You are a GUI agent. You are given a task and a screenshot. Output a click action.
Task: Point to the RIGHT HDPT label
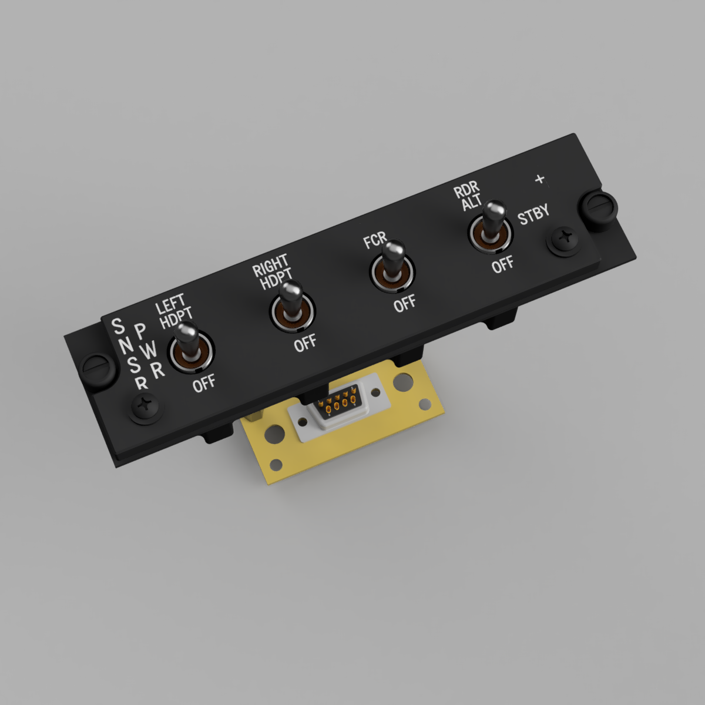point(272,271)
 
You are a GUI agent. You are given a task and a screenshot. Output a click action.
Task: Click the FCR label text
point(375,240)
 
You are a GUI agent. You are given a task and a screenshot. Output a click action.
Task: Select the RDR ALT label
point(469,196)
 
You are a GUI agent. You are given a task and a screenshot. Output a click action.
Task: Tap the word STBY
point(533,214)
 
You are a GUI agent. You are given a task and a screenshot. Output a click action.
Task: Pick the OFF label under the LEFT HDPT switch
point(204,384)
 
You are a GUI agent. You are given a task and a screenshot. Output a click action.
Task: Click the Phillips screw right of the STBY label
point(563,241)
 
